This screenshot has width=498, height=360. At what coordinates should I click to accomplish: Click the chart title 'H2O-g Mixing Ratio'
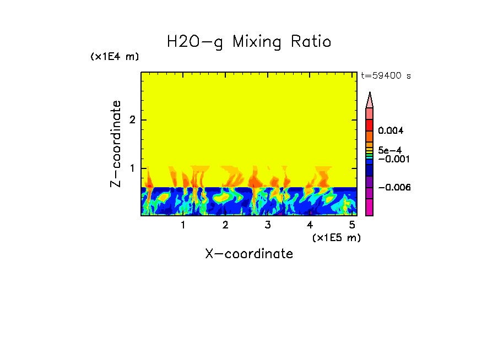(x=249, y=42)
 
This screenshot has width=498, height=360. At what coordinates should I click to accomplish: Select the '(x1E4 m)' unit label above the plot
(x=115, y=57)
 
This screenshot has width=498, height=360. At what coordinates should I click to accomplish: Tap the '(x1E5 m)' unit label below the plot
(x=336, y=237)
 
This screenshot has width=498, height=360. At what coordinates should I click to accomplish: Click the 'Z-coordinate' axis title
(x=116, y=144)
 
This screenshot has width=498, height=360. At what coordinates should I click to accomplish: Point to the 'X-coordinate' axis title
(x=249, y=254)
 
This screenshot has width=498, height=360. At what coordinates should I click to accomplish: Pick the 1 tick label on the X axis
(x=183, y=225)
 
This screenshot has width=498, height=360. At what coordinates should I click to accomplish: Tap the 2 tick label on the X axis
(x=225, y=225)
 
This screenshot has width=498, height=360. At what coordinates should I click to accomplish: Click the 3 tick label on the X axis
(x=268, y=225)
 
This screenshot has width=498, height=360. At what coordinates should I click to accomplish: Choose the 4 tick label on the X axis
(x=310, y=225)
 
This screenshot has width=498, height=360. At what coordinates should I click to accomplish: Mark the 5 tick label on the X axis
(x=352, y=225)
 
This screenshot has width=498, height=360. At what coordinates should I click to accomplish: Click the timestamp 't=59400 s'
(x=386, y=76)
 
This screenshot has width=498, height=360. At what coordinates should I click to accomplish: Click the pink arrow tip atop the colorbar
(x=370, y=100)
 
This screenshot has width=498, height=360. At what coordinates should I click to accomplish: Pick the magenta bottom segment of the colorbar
(x=370, y=207)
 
